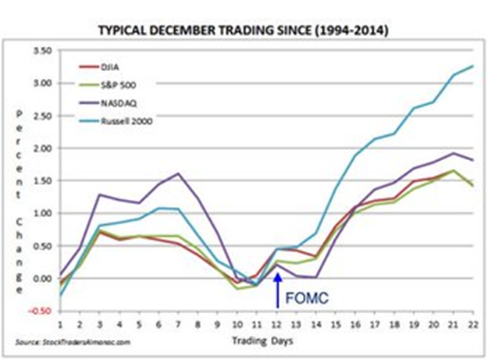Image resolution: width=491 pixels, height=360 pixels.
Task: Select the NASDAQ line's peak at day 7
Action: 179,173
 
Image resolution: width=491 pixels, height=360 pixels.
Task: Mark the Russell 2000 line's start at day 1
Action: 61,294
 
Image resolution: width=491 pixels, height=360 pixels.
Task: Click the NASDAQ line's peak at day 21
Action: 453,153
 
